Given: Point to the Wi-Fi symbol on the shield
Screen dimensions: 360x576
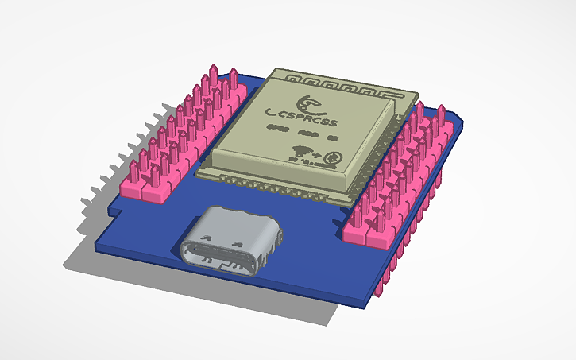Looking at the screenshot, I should [305, 150].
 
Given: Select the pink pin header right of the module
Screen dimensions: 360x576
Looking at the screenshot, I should [397, 175].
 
